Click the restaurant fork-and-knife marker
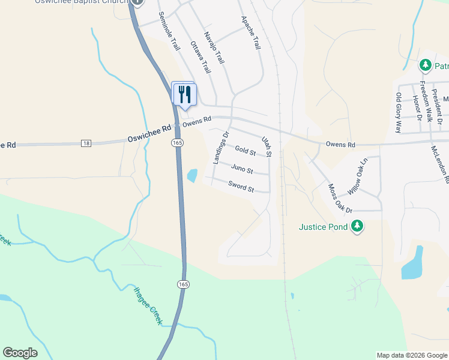coord(184,94)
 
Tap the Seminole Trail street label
coord(169,31)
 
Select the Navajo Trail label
coord(214,48)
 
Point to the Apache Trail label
coord(251,33)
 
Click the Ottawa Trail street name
coord(200,58)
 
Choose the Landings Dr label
coord(221,148)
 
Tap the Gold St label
coord(245,150)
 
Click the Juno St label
coord(242,170)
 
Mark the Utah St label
coord(267,147)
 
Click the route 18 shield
coord(87,143)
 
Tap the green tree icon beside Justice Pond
coord(358,226)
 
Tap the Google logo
coord(20,353)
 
